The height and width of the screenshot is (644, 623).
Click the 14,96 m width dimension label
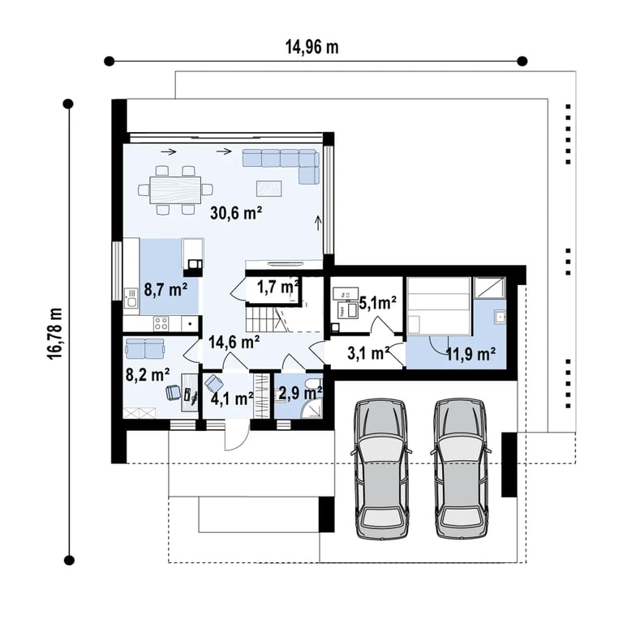coord(312,48)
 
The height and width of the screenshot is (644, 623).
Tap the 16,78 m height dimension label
coord(55,334)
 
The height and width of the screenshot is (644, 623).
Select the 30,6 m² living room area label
coord(236,213)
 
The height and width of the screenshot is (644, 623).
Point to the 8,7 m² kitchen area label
coord(165,289)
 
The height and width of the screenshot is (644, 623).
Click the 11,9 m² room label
coord(470,353)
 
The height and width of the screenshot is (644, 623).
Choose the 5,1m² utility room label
coord(377,303)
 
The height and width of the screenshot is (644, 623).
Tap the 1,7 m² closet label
coord(277,287)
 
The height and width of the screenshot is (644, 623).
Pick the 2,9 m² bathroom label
coord(300,393)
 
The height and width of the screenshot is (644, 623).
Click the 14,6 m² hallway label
coord(234,342)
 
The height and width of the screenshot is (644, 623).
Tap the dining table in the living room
coord(175,190)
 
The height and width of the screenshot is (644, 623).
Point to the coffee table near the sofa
coord(269,189)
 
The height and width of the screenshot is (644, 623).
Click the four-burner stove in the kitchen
coord(161,324)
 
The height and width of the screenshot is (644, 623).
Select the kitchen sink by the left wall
coord(131,299)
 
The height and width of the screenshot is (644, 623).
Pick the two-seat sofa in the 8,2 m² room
coord(144,348)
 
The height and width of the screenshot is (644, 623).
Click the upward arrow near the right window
coord(318,223)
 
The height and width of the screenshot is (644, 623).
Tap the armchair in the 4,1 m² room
coord(213,383)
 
